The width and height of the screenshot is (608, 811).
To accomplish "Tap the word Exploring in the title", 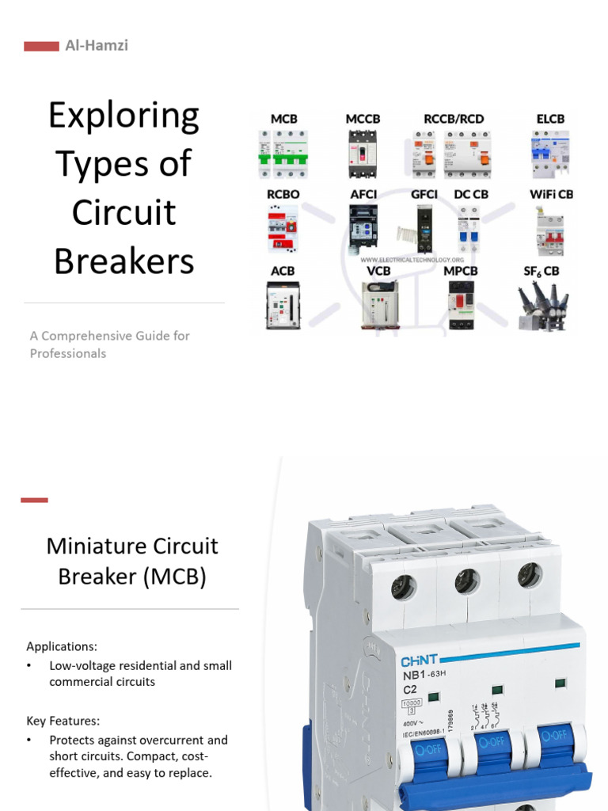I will [123, 116].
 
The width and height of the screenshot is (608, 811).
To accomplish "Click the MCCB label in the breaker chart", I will [363, 119].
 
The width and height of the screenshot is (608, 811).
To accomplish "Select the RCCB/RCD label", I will [454, 119].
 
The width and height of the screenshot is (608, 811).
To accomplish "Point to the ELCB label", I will [550, 119].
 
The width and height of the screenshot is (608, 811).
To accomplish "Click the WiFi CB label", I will [551, 194].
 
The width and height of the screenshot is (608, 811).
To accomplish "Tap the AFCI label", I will [363, 194].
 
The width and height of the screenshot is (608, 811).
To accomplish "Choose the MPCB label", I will [461, 271].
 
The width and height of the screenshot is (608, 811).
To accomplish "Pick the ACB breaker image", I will [283, 306].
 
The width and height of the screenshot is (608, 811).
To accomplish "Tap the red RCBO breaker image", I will [283, 230].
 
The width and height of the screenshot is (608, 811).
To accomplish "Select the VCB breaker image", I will [378, 305].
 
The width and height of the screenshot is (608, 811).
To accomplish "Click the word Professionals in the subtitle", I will [68, 353].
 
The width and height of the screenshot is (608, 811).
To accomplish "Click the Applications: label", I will [62, 646].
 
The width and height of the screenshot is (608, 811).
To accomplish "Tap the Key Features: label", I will [63, 721].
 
